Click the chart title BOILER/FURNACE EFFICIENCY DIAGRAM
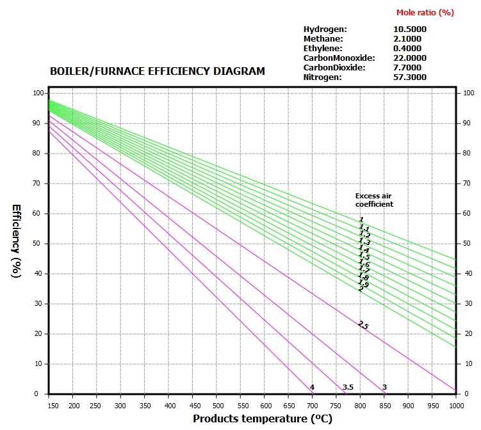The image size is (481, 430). (157, 72)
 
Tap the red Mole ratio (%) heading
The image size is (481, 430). (425, 12)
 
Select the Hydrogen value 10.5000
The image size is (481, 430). (410, 29)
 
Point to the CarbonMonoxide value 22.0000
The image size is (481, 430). (410, 58)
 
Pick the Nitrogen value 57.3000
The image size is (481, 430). (410, 77)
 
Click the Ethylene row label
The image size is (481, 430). (323, 48)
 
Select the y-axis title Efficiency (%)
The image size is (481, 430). (17, 241)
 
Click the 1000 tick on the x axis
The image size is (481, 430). (455, 406)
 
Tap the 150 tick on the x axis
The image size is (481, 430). (50, 406)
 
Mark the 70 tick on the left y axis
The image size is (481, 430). (38, 184)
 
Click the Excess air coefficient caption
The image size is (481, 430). (374, 200)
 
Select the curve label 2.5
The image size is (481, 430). (363, 325)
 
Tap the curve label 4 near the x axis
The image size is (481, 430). (312, 387)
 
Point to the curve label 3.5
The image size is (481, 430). (348, 387)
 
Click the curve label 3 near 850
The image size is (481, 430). (384, 387)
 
